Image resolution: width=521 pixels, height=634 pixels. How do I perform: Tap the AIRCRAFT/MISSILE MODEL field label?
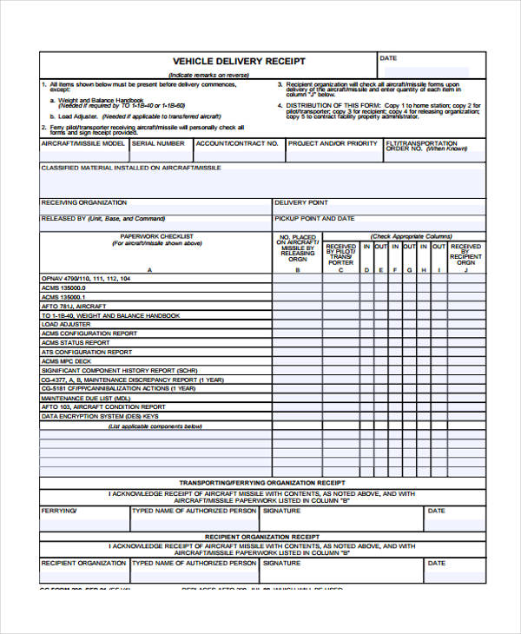click(83, 143)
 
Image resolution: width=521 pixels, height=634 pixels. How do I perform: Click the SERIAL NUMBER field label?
click(158, 143)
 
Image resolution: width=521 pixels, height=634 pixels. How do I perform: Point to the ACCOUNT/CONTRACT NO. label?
click(237, 143)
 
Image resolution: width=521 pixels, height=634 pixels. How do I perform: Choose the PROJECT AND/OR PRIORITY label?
click(333, 143)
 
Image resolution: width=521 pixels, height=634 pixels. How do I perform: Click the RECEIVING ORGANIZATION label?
click(84, 202)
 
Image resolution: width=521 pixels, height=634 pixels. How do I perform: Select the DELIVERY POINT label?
click(301, 202)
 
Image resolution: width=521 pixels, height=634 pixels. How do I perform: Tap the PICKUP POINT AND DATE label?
click(314, 219)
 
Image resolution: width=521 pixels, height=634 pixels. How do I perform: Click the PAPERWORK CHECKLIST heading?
click(156, 236)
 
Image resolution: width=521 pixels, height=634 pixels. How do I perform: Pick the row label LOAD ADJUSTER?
click(66, 325)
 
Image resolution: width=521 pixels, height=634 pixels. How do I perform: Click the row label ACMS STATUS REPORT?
click(76, 343)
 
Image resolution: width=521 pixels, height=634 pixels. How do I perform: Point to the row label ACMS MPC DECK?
click(66, 361)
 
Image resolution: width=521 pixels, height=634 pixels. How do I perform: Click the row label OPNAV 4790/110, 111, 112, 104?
click(86, 279)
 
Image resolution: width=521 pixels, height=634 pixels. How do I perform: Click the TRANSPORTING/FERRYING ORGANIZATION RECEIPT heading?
click(262, 482)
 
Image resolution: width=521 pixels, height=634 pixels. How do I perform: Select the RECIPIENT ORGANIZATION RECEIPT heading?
click(262, 537)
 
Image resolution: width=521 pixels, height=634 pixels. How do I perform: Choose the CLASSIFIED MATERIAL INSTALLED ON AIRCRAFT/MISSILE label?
click(131, 168)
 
